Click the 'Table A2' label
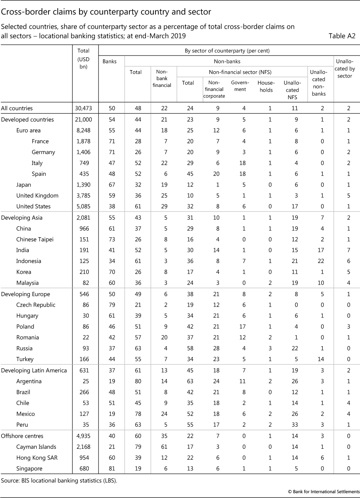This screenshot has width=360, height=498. click(342, 36)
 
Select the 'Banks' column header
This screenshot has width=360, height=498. click(110, 61)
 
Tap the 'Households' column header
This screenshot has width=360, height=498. click(266, 86)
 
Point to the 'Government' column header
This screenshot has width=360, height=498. click(240, 86)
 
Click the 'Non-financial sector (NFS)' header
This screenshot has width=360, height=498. click(240, 72)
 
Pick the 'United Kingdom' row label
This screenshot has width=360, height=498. click(37, 195)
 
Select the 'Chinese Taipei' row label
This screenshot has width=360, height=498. click(35, 239)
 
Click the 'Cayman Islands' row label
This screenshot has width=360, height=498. click(36, 447)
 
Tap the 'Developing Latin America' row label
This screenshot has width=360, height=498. click(34, 370)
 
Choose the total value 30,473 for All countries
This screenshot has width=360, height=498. click(84, 108)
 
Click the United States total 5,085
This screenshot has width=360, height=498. click(84, 206)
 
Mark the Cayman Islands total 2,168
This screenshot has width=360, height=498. click(84, 447)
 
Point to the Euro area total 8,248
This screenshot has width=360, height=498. click(84, 130)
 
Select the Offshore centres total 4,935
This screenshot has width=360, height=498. click(84, 436)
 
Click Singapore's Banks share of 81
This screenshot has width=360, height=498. click(112, 469)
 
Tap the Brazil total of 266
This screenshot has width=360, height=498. click(85, 392)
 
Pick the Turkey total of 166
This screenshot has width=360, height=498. click(85, 359)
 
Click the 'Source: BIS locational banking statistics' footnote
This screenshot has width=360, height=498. click(59, 480)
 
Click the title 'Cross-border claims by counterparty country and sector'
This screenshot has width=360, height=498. click(106, 12)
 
